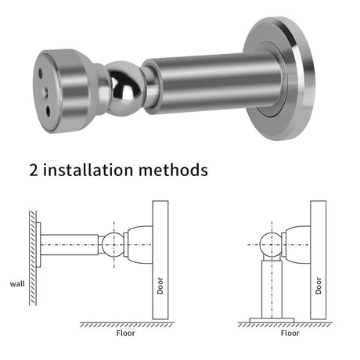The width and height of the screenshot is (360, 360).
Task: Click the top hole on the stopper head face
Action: pyautogui.click(x=40, y=73)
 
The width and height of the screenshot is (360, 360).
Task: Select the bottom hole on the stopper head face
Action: pyautogui.click(x=49, y=110)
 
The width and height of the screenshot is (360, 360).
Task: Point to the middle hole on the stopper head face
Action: pyautogui.click(x=46, y=92)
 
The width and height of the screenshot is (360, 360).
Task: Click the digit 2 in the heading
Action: pyautogui.click(x=34, y=171)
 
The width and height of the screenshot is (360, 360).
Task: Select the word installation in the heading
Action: pyautogui.click(x=88, y=170)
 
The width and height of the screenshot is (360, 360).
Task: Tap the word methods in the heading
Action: pyautogui.click(x=173, y=170)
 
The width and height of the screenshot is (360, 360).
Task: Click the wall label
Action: pyautogui.click(x=17, y=284)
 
